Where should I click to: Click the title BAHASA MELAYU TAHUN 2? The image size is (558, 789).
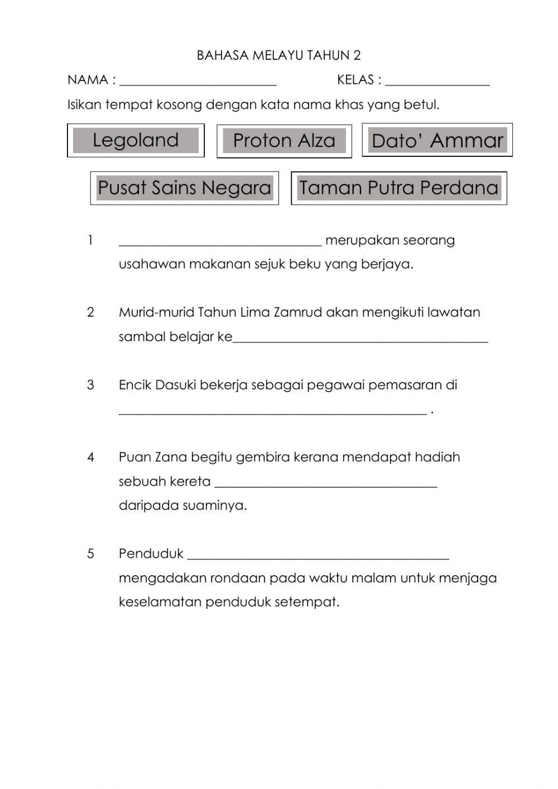coord(278,55)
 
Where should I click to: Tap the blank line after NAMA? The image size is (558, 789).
coord(198,82)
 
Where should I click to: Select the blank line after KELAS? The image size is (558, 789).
coord(437,82)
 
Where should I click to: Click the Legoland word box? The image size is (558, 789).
coord(136,140)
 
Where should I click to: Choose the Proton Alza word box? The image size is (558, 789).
coord(284,141)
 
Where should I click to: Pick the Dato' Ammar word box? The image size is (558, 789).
coord(437,141)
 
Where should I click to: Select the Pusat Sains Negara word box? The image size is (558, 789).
coord(184,188)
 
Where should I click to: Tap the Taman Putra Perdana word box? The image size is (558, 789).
coord(398,188)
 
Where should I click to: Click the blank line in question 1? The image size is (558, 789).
coord(220,241)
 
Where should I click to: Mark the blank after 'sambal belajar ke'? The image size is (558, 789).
coord(360,338)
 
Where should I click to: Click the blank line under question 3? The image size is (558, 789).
coord(273,411)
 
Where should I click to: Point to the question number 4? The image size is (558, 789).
coord(91,457)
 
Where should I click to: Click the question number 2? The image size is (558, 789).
coord(91,312)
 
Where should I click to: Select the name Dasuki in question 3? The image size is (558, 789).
coord(175,385)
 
